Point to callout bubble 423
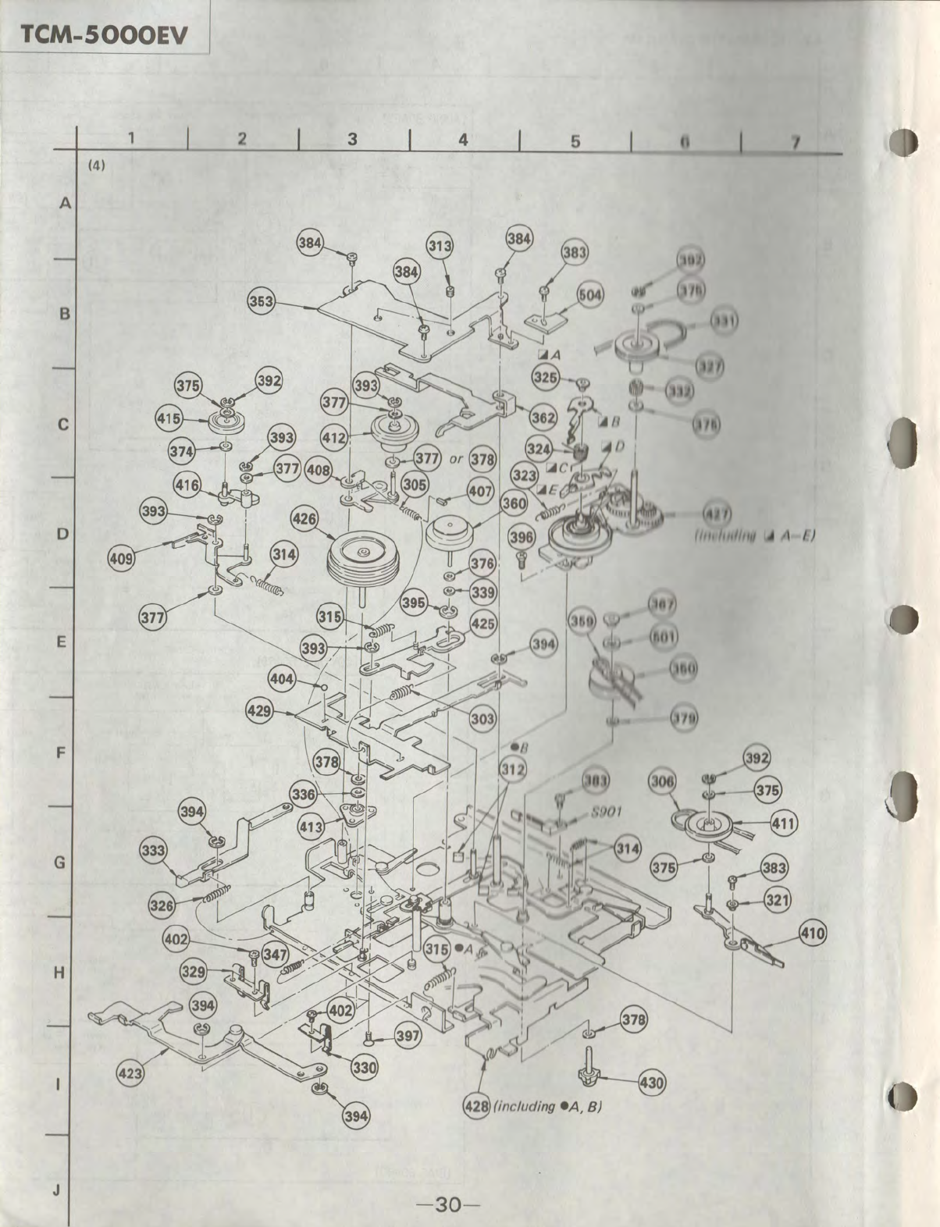click(130, 1073)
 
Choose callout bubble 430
click(652, 1083)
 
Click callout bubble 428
click(477, 1106)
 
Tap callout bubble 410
click(813, 932)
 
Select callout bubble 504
click(591, 295)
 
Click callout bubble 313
click(440, 246)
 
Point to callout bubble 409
click(123, 559)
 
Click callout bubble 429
click(259, 710)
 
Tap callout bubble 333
click(154, 849)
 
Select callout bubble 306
click(662, 781)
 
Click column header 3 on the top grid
click(352, 139)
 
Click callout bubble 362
click(543, 417)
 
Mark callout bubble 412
click(334, 439)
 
